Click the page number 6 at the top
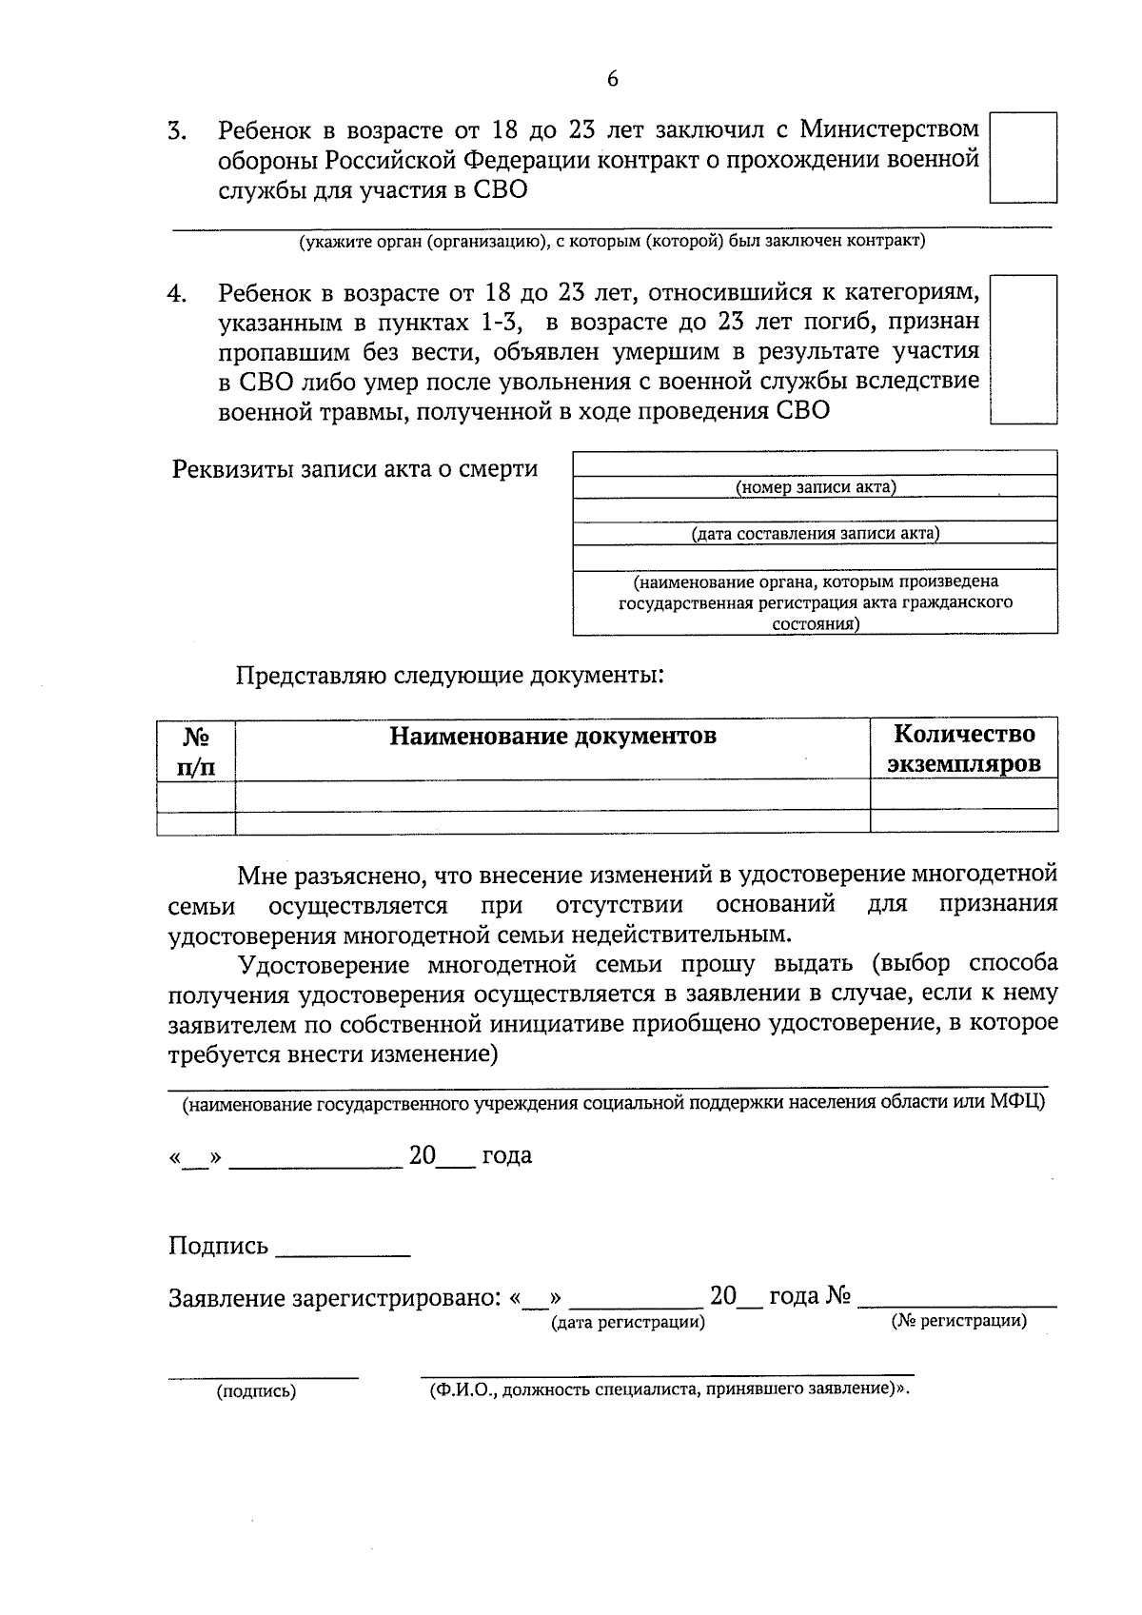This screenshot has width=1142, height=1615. pos(612,79)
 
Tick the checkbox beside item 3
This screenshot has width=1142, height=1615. pos(1023,158)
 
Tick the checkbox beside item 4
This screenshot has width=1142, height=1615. pos(1023,349)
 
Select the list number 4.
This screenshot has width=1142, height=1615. pos(176,294)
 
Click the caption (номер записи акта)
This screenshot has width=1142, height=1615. pos(816,487)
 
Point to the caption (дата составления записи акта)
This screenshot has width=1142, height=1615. pos(816,533)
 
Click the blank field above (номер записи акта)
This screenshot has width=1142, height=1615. pos(816,464)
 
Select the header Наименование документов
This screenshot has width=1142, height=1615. pos(552,737)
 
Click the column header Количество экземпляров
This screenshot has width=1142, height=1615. pos(963,749)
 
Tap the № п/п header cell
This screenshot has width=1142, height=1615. pos(196,751)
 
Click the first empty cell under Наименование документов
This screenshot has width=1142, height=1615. pos(552,795)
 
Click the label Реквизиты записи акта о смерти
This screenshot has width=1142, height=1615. pos(354,469)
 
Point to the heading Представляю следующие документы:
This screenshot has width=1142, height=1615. pos(450,677)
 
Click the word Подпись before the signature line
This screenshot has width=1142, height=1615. pos(218,1246)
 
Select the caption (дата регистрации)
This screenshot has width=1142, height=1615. pos(628,1322)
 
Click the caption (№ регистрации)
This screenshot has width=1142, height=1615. pos(958,1321)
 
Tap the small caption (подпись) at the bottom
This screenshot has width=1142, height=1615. pos(257,1391)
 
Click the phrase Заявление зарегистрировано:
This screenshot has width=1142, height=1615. pos(334,1298)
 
